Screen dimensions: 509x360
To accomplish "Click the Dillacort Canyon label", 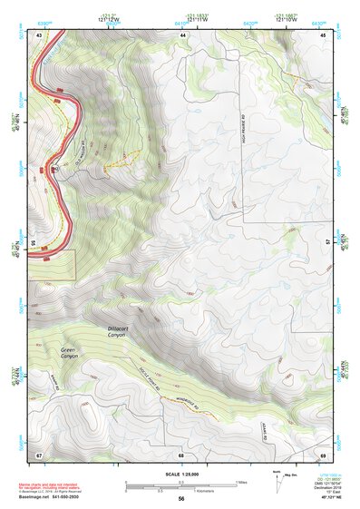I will pos(119,332).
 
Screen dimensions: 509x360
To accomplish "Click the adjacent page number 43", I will pos(39,34).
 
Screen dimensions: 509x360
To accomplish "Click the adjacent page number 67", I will pos(39,454).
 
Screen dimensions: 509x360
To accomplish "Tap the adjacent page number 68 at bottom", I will pos(181,454).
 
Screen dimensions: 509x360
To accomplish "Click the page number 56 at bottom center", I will pos(181,498).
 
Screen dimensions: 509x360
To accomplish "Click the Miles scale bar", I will pos(181,483).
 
